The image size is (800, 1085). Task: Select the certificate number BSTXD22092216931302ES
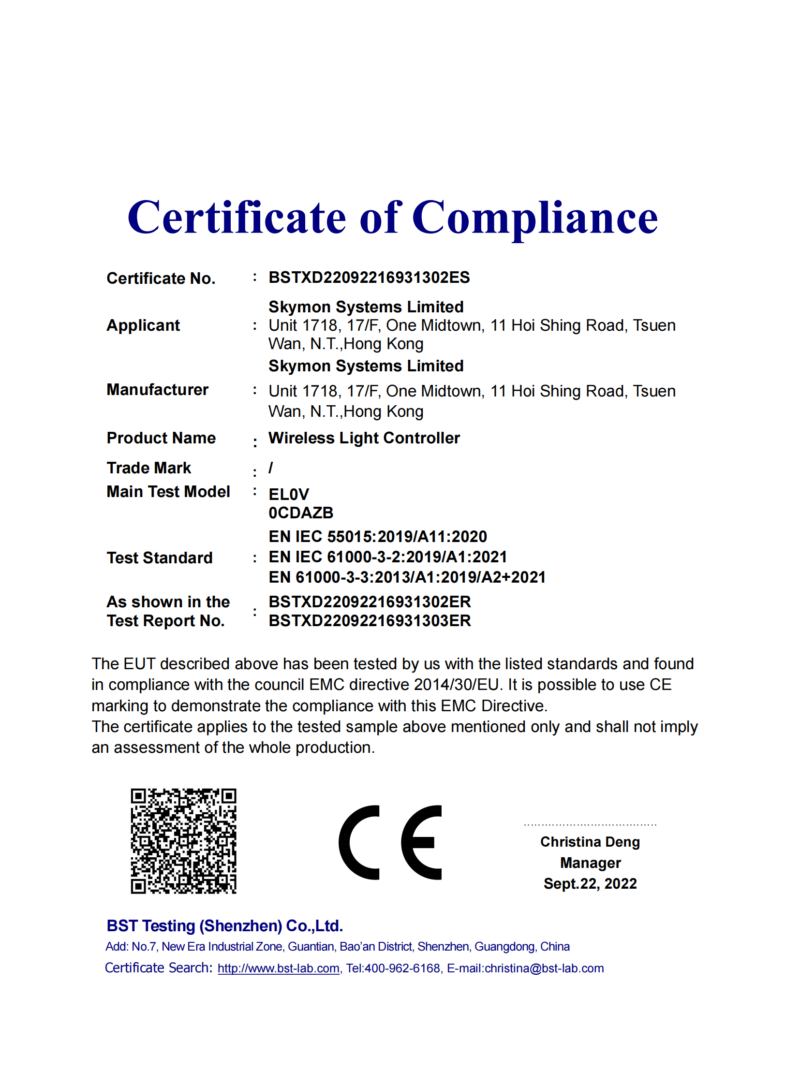tap(369, 278)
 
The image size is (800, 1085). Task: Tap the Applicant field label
tap(143, 325)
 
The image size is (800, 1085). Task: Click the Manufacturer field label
tap(157, 390)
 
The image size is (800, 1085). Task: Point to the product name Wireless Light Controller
tap(364, 438)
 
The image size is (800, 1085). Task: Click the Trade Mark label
tap(148, 468)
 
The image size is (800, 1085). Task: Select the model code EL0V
tap(289, 494)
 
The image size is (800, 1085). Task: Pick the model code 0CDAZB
tap(301, 513)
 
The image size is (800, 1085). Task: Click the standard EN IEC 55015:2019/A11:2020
tap(378, 536)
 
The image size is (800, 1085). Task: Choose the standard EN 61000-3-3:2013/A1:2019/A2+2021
tap(407, 577)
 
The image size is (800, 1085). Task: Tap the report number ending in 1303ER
tap(370, 621)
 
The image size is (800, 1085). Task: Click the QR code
tap(183, 841)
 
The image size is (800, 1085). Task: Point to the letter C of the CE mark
tap(359, 842)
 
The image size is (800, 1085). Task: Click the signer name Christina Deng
tap(590, 842)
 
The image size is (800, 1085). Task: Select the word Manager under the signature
tap(590, 863)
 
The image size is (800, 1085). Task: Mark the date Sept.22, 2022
tap(590, 883)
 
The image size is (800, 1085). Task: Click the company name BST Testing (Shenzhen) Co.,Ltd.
tap(225, 926)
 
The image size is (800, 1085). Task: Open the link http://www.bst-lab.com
tap(279, 968)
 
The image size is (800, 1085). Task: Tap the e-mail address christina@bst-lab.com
tap(544, 968)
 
